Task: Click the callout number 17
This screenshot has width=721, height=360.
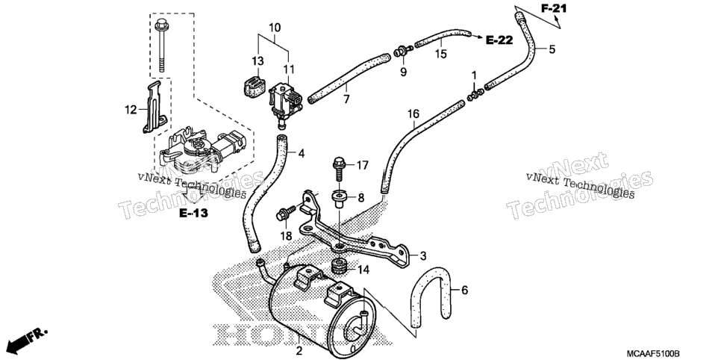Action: (362, 165)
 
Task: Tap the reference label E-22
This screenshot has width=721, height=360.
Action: (499, 40)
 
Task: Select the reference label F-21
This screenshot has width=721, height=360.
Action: (554, 8)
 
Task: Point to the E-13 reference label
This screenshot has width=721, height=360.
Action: (193, 213)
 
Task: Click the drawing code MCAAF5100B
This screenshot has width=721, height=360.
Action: (653, 353)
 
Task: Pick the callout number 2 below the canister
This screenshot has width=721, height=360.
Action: (299, 351)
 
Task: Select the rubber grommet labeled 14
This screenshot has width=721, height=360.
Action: (339, 267)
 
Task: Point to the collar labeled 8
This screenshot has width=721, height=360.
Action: (338, 199)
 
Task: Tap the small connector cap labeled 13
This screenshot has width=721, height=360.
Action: (254, 84)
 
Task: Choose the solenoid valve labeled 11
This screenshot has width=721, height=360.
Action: (284, 102)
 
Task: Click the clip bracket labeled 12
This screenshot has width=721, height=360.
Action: (154, 108)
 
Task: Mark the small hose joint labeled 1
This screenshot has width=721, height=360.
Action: (474, 94)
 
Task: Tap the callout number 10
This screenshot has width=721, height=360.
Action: (275, 28)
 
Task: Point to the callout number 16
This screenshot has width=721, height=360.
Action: (413, 114)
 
